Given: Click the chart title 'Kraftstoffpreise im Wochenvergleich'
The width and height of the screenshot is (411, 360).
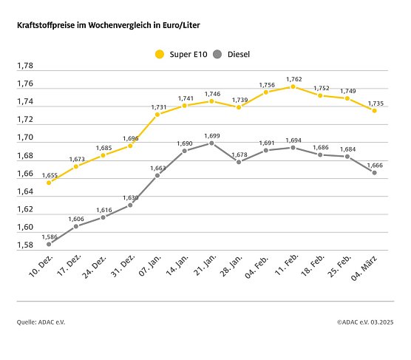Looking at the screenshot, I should [x=109, y=25].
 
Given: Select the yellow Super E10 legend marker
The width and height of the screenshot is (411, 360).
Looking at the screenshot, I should [x=159, y=53].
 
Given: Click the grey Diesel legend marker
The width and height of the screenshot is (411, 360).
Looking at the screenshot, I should [x=217, y=53].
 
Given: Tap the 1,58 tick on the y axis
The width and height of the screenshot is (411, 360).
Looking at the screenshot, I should [x=25, y=245].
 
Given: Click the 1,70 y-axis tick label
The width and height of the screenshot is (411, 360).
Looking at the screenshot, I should [x=25, y=137].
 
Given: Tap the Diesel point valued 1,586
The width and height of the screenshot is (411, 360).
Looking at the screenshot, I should [x=49, y=244].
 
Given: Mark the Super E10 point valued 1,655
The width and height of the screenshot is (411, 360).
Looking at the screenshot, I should [x=49, y=182].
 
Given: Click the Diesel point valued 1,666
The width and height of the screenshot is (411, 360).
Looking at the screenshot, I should [x=374, y=172].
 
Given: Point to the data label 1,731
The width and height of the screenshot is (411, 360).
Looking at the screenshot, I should [x=157, y=107].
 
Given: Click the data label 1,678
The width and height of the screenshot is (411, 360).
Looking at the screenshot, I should [x=239, y=154].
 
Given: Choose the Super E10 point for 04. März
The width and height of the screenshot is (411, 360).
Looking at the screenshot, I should [x=374, y=111].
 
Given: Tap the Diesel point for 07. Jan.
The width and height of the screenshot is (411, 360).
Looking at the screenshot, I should [x=157, y=175].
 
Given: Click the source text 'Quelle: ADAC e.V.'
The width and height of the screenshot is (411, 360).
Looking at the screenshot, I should [x=41, y=322].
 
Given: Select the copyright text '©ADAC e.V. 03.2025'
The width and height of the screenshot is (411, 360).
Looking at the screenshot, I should [x=365, y=322].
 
